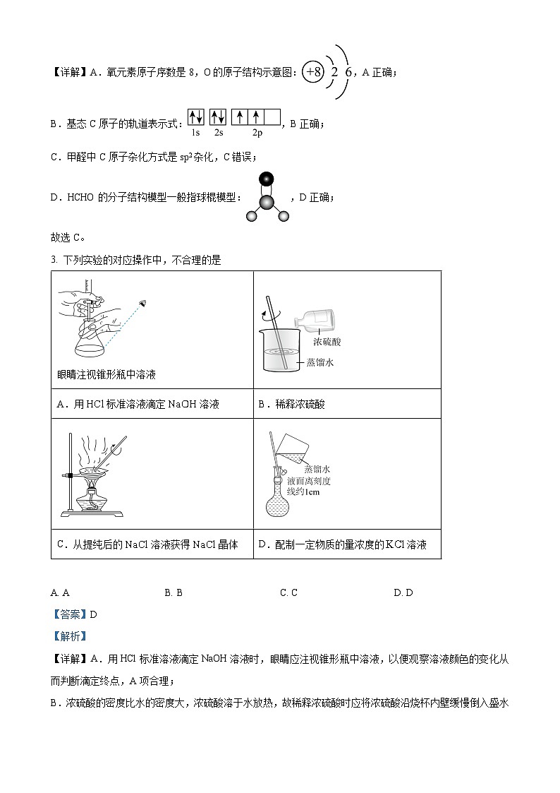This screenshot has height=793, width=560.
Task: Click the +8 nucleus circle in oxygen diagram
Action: tap(312, 72)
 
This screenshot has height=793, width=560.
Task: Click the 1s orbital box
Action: tap(196, 117)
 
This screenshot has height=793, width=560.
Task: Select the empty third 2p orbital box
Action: tap(272, 117)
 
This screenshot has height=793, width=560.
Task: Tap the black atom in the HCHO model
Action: tap(266, 179)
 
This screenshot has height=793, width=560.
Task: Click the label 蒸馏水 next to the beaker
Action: tap(319, 362)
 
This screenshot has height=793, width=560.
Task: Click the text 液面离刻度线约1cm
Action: tap(309, 486)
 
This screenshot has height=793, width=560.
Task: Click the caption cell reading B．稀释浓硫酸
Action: tap(292, 404)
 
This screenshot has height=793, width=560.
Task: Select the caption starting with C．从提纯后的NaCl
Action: tap(147, 544)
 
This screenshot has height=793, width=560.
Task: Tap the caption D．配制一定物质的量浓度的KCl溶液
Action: tap(343, 544)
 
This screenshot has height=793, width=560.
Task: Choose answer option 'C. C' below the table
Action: tap(288, 592)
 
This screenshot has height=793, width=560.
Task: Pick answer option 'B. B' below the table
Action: tap(174, 592)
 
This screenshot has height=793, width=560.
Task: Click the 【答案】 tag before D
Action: tap(69, 614)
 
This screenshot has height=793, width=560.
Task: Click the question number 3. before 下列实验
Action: tap(54, 260)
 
